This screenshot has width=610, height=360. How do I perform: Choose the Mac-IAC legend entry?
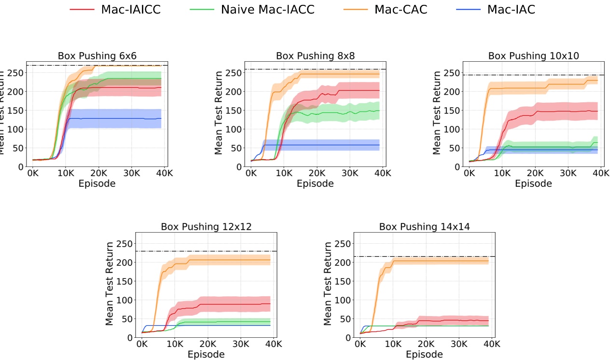click(511, 9)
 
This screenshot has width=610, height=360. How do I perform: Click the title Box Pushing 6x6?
click(97, 56)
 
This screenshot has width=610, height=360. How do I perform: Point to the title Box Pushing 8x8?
click(315, 55)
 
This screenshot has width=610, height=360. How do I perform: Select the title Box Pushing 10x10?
click(533, 55)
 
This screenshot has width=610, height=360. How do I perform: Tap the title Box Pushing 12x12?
click(206, 227)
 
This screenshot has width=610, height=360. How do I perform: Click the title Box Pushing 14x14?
click(424, 227)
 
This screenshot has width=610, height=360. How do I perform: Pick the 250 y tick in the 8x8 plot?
click(235, 73)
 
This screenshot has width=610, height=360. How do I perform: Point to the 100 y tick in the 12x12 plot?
click(126, 300)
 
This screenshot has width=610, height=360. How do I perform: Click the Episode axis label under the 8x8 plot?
click(315, 183)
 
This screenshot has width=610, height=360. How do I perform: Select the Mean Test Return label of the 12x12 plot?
click(110, 283)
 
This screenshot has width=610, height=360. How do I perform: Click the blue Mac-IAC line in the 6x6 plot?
click(116, 118)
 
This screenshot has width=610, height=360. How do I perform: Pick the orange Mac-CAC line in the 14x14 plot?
click(434, 261)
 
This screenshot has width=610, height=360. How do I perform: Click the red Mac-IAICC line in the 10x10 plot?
click(555, 111)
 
